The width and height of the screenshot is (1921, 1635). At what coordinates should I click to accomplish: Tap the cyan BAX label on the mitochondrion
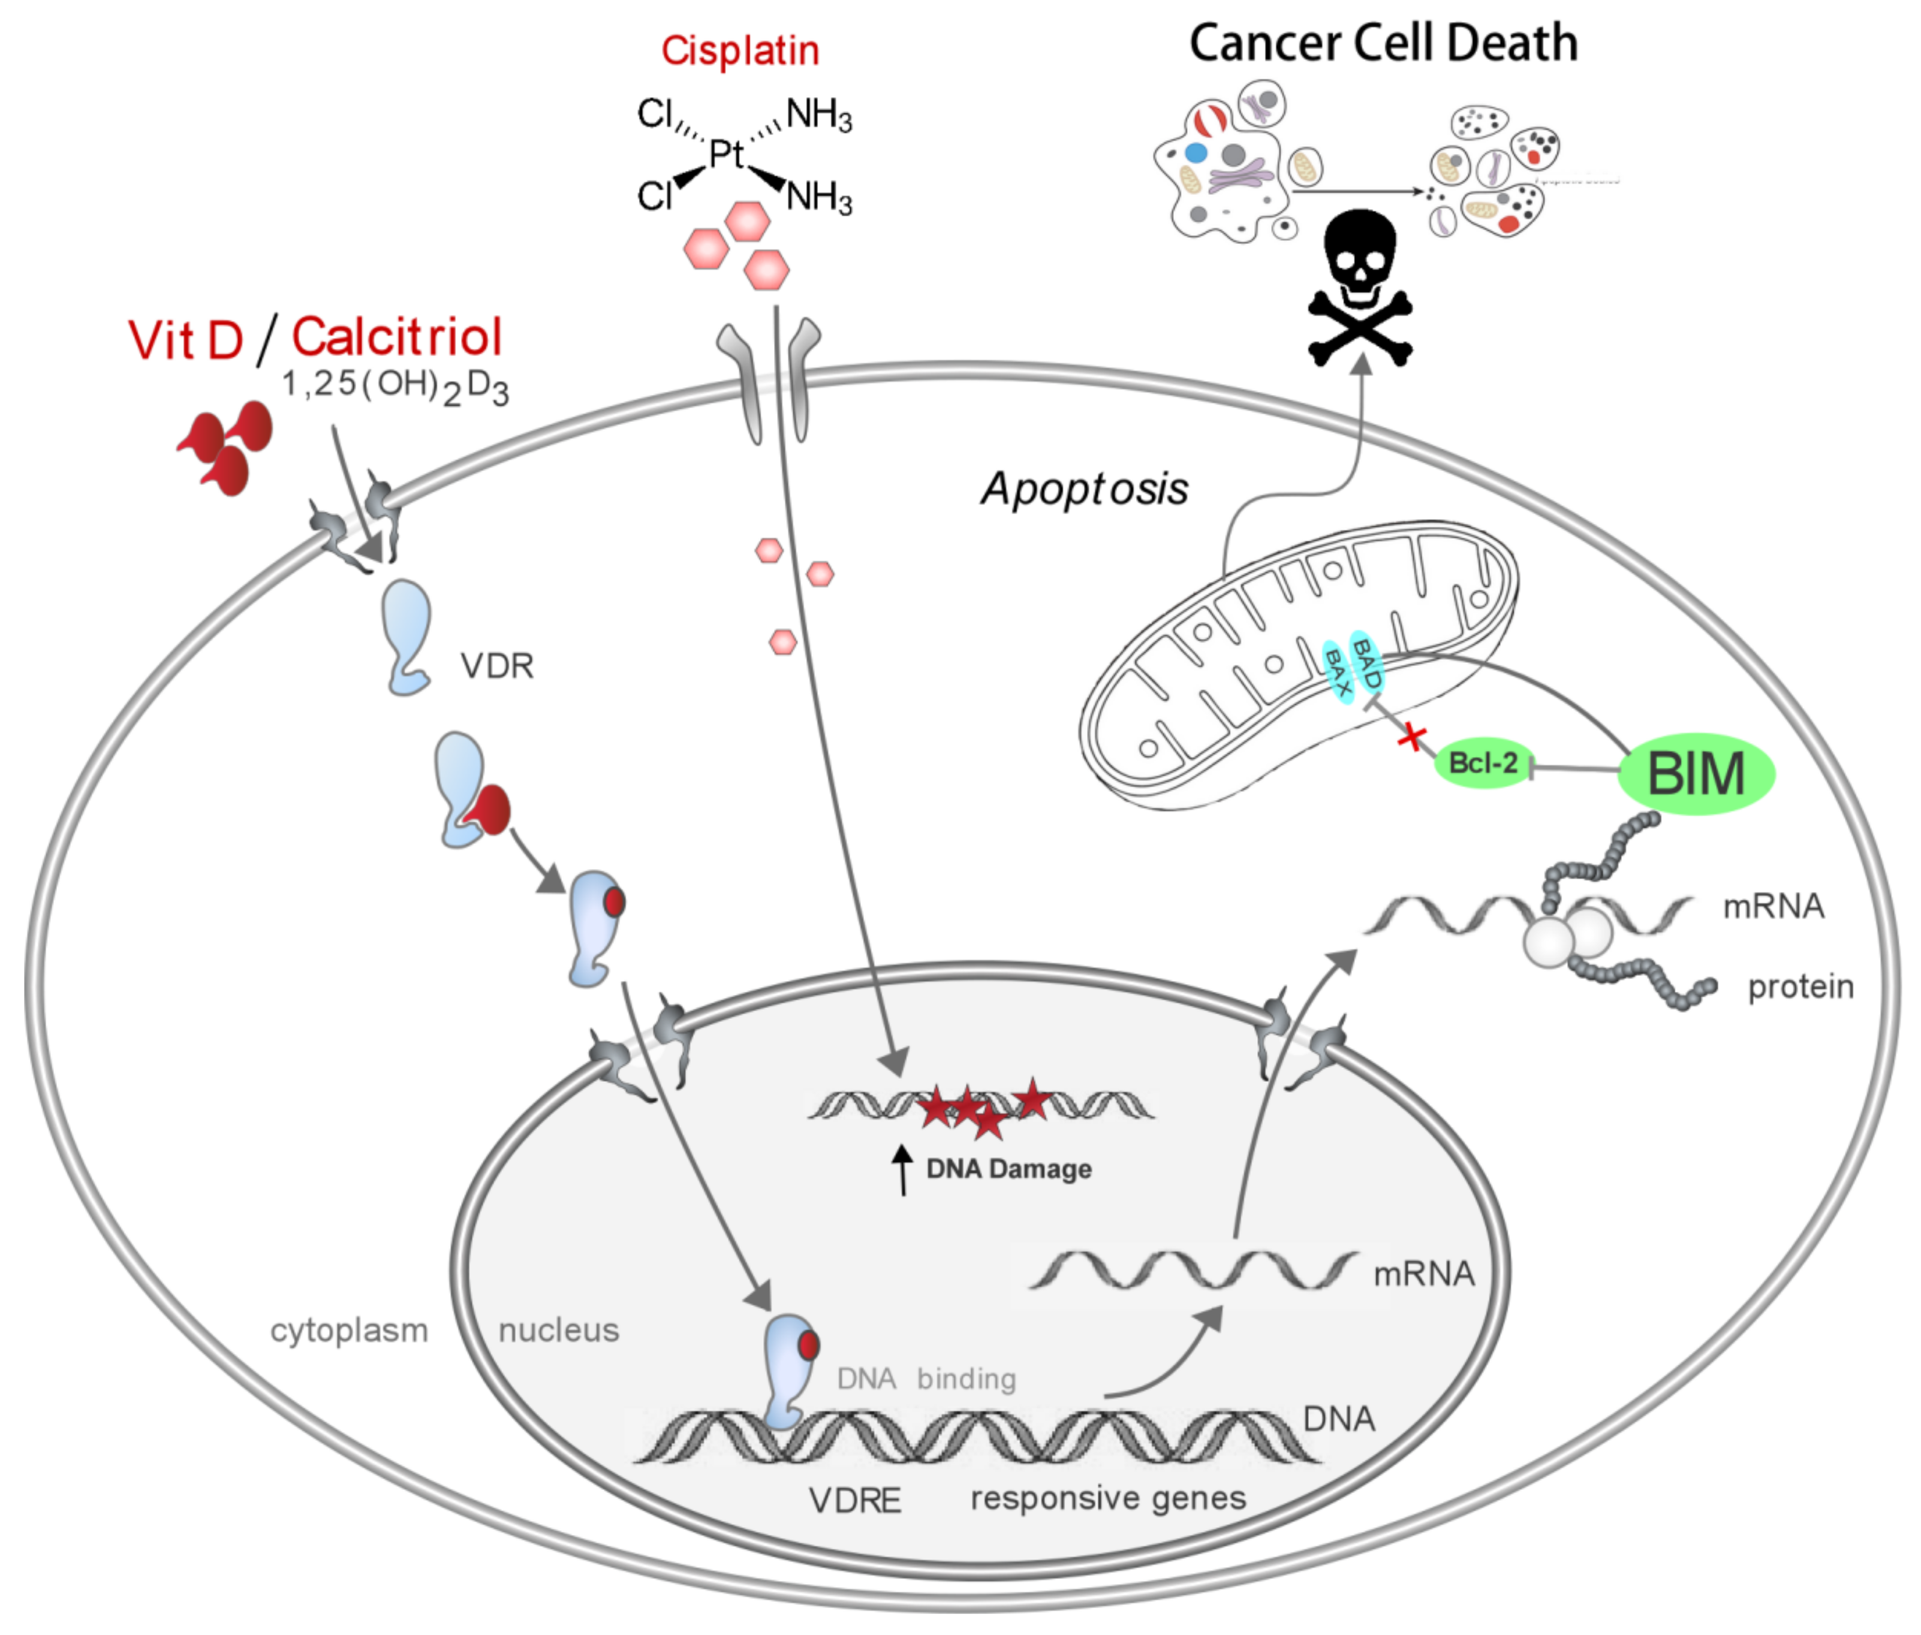[1337, 670]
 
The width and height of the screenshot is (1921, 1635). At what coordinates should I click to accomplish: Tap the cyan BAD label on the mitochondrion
[1366, 663]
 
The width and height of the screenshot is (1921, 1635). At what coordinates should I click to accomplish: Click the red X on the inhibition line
[1412, 738]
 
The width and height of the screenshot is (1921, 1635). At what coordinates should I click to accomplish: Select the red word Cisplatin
[740, 51]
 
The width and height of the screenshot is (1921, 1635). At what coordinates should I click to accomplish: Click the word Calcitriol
[397, 337]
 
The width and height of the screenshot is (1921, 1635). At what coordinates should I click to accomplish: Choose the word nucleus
[558, 1331]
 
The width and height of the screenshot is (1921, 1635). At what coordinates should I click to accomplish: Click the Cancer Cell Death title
[1383, 44]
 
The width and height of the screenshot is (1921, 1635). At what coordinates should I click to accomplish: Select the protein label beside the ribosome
[1800, 987]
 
